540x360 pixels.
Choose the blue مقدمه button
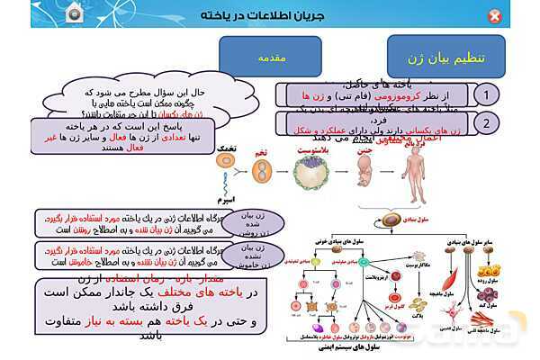273,57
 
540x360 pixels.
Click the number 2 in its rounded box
486,123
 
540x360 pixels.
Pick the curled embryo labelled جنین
364,172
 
